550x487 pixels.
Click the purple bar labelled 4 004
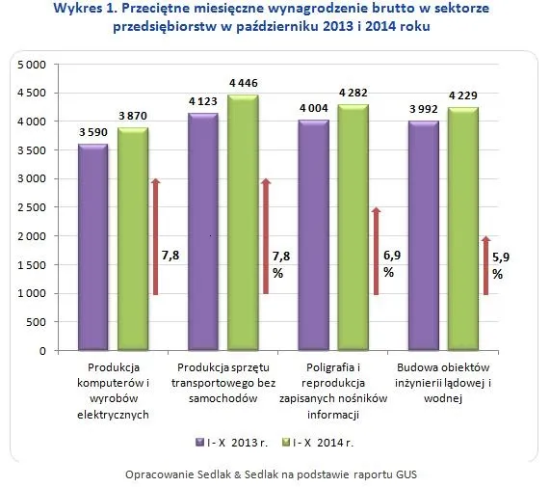point(313,235)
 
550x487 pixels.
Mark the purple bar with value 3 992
point(424,236)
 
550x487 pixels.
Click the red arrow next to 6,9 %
point(377,251)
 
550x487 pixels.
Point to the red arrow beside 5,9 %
point(486,265)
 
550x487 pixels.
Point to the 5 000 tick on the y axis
point(32,65)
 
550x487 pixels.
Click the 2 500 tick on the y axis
point(32,207)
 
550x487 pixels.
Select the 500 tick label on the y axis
point(38,322)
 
